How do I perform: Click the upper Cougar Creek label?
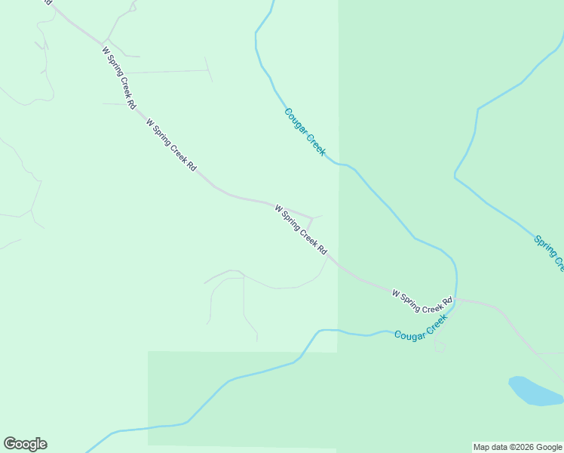point(305,132)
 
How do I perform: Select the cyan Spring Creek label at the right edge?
point(548,251)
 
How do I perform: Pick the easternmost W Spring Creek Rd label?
point(422,300)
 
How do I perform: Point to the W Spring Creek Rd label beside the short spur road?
point(301,229)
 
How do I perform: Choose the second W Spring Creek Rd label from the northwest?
point(171,143)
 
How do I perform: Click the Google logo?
point(25,444)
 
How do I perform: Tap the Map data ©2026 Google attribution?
point(518,447)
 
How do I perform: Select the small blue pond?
point(535,391)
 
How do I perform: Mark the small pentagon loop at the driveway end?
point(440,346)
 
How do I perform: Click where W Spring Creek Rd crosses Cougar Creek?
point(455,300)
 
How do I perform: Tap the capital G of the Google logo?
point(10,444)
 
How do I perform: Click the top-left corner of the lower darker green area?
point(148,352)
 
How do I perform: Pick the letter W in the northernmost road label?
point(106,51)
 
